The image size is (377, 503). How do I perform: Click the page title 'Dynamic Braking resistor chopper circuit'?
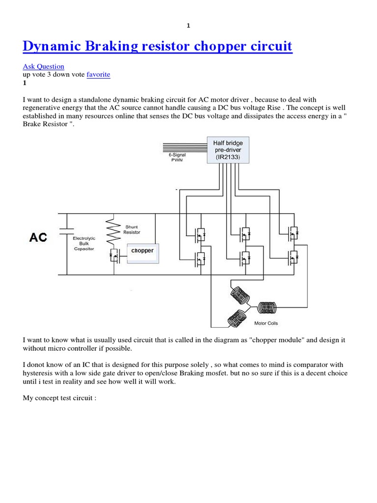pyautogui.click(x=157, y=47)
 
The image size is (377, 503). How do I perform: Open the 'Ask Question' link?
pyautogui.click(x=43, y=66)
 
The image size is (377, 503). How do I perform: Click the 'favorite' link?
pyautogui.click(x=98, y=75)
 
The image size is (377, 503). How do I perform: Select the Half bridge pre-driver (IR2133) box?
pyautogui.click(x=228, y=150)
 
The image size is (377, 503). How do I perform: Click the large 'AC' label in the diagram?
pyautogui.click(x=38, y=238)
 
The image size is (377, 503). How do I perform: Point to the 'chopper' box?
pyautogui.click(x=143, y=251)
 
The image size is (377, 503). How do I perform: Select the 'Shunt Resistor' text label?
pyautogui.click(x=132, y=229)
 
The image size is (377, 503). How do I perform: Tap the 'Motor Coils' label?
pyautogui.click(x=267, y=323)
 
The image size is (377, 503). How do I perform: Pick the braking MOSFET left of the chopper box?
pyautogui.click(x=114, y=255)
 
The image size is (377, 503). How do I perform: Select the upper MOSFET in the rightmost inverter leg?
pyautogui.click(x=293, y=234)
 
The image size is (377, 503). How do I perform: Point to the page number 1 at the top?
pyautogui.click(x=188, y=26)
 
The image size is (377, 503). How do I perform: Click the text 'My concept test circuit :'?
pyautogui.click(x=59, y=398)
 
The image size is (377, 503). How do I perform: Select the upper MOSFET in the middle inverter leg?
pyautogui.click(x=244, y=233)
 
